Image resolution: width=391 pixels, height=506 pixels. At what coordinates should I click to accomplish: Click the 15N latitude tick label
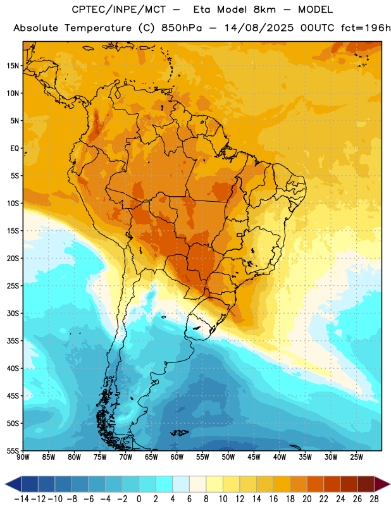pyautogui.click(x=13, y=66)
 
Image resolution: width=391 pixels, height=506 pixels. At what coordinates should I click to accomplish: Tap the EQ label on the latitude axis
pyautogui.click(x=15, y=149)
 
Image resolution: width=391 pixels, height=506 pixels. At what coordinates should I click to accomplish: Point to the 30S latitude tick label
pyautogui.click(x=13, y=313)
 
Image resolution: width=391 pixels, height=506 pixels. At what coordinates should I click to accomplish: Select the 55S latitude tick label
pyautogui.click(x=13, y=450)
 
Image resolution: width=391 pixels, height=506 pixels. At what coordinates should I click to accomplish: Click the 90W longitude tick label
pyautogui.click(x=23, y=457)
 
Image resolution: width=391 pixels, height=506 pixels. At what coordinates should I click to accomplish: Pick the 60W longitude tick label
pyautogui.click(x=177, y=457)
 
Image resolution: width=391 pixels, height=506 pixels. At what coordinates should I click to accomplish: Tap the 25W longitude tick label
pyautogui.click(x=356, y=457)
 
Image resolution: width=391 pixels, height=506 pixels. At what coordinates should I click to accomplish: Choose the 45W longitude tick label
pyautogui.click(x=254, y=457)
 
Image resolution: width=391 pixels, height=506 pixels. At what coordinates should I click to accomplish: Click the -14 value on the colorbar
pyautogui.click(x=22, y=499)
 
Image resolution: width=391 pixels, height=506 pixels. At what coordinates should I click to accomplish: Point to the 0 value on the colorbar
pyautogui.click(x=139, y=499)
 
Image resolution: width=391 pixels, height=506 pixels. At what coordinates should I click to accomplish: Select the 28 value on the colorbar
pyautogui.click(x=374, y=499)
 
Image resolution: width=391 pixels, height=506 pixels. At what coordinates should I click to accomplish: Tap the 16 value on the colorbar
pyautogui.click(x=273, y=499)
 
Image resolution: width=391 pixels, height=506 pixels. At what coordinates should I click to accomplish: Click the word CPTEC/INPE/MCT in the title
pyautogui.click(x=119, y=9)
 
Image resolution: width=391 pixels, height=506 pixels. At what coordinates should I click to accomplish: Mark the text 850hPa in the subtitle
pyautogui.click(x=182, y=28)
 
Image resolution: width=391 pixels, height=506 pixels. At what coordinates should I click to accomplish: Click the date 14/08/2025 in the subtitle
pyautogui.click(x=259, y=28)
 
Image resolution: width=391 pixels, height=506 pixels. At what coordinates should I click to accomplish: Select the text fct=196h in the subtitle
pyautogui.click(x=366, y=28)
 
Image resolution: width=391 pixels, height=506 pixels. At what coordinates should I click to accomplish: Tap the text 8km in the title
pyautogui.click(x=264, y=9)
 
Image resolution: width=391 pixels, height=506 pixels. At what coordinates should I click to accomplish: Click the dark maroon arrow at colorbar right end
pyautogui.click(x=382, y=484)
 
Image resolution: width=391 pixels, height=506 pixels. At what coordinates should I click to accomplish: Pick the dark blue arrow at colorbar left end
pyautogui.click(x=13, y=484)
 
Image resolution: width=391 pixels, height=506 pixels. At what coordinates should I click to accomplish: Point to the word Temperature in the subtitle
pyautogui.click(x=98, y=28)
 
